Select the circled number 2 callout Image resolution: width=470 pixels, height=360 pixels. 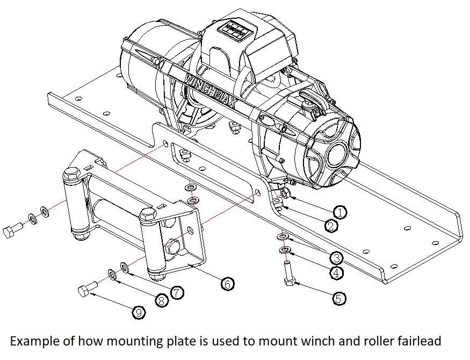pos(332,226)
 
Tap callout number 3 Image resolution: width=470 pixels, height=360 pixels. pos(337,257)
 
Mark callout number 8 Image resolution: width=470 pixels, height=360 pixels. pos(162,301)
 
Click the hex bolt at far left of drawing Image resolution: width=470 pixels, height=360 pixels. pos(12,232)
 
